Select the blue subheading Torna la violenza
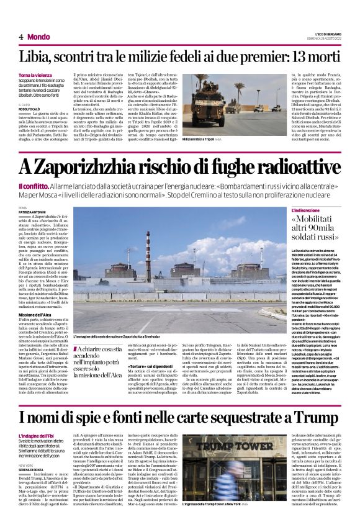pyautogui.click(x=35, y=75)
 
